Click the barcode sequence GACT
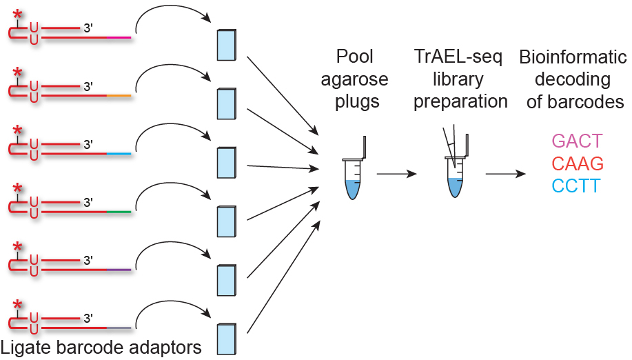click(x=577, y=141)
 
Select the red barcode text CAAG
click(x=577, y=163)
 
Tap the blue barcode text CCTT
click(x=577, y=186)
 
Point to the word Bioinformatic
click(x=571, y=57)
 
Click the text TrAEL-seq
click(x=460, y=57)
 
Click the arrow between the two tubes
click(x=396, y=174)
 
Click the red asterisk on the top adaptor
click(x=17, y=14)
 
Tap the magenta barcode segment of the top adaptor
click(x=118, y=37)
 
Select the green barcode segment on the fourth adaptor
click(x=118, y=212)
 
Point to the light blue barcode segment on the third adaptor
click(x=118, y=153)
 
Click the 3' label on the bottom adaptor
click(x=88, y=319)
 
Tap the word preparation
click(x=460, y=101)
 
